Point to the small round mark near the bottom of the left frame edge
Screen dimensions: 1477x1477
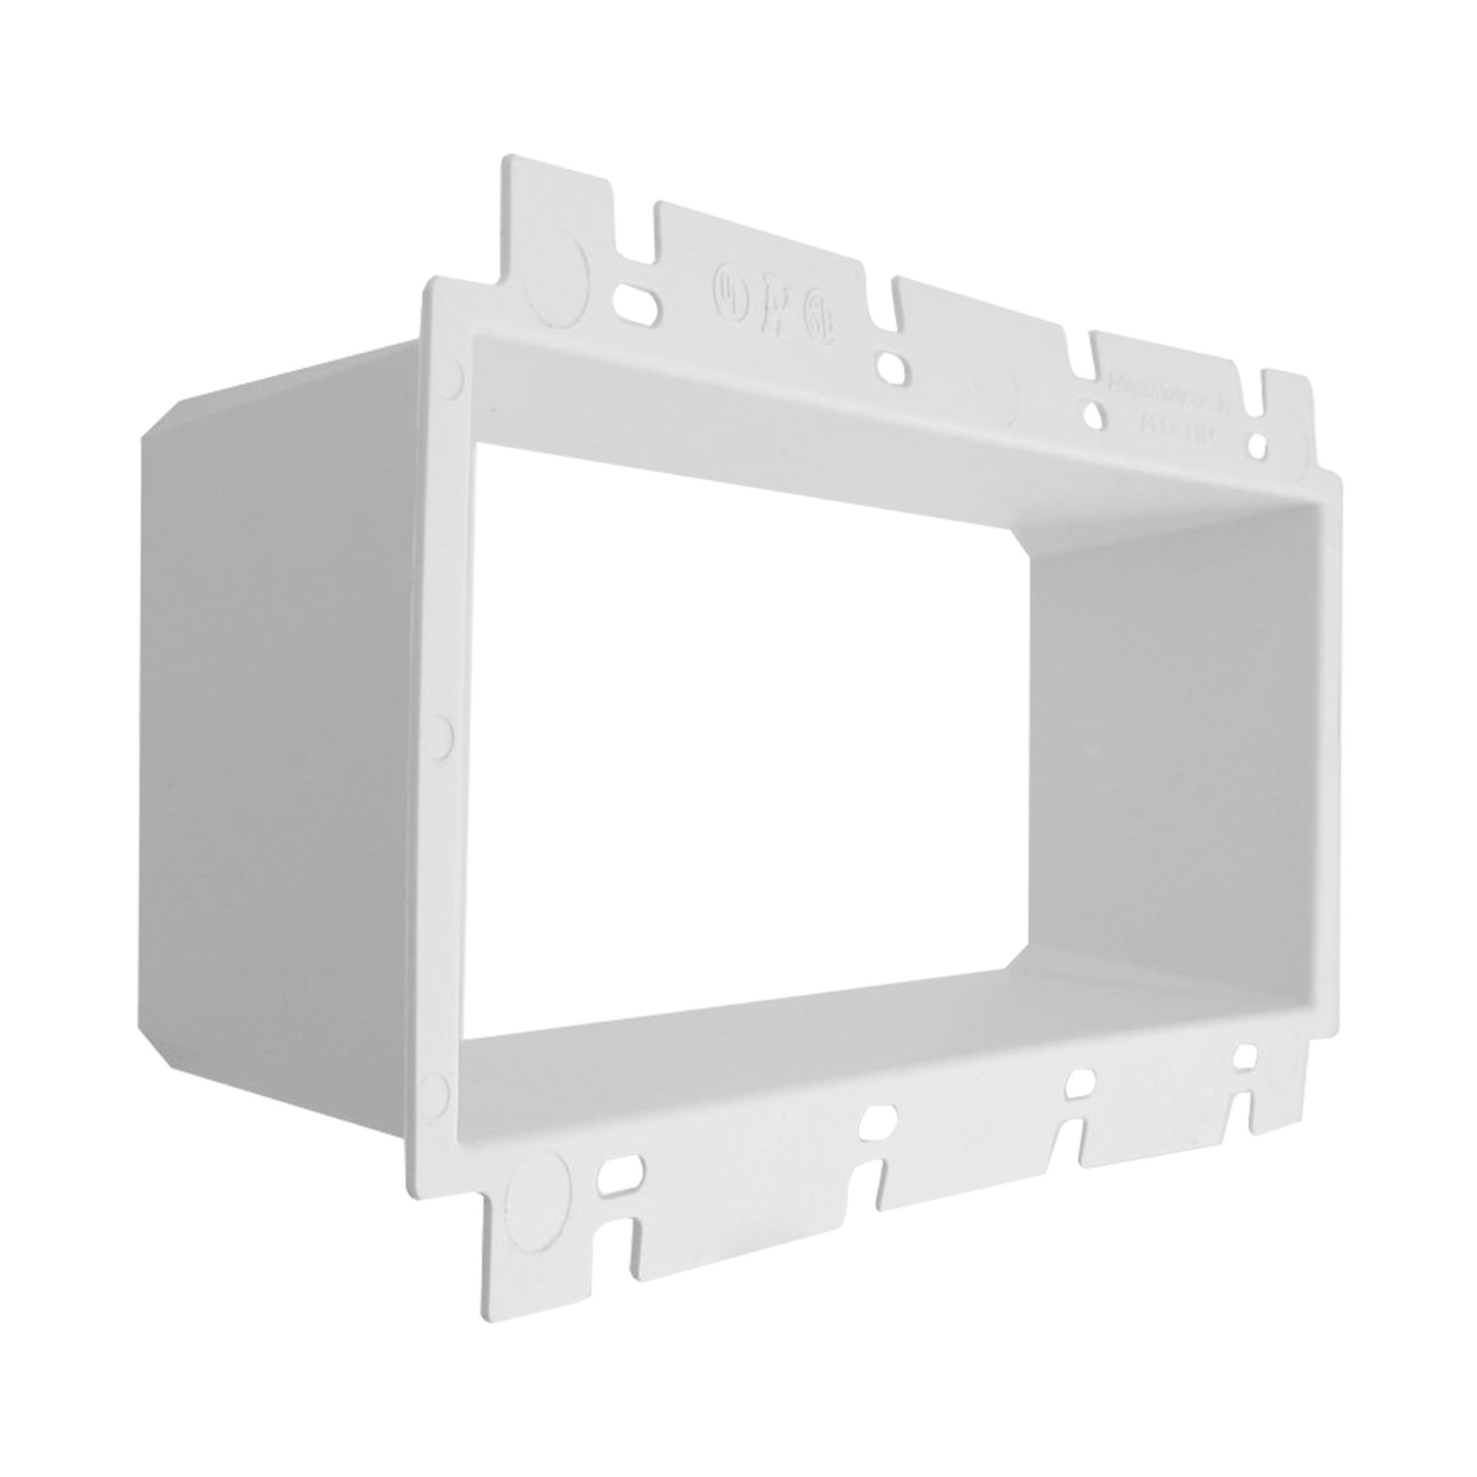point(433,1086)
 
